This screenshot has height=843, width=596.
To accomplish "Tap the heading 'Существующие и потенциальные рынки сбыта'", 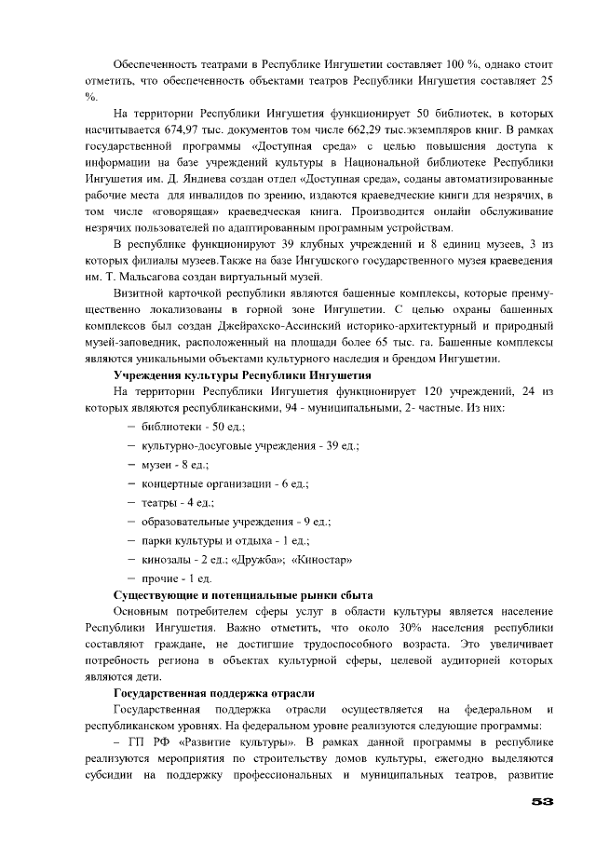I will coord(243,593).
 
